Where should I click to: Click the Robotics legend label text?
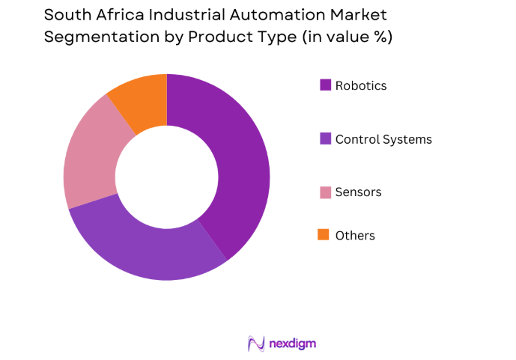[361, 85]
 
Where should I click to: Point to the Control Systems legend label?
[383, 139]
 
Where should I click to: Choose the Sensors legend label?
[358, 192]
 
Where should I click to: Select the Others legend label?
[355, 236]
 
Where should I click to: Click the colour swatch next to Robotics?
[325, 85]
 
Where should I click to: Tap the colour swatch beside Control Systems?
[325, 138]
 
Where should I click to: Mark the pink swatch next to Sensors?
[325, 192]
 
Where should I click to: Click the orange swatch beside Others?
[324, 235]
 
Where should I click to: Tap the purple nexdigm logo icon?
[257, 344]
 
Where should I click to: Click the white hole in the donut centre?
[166, 177]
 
